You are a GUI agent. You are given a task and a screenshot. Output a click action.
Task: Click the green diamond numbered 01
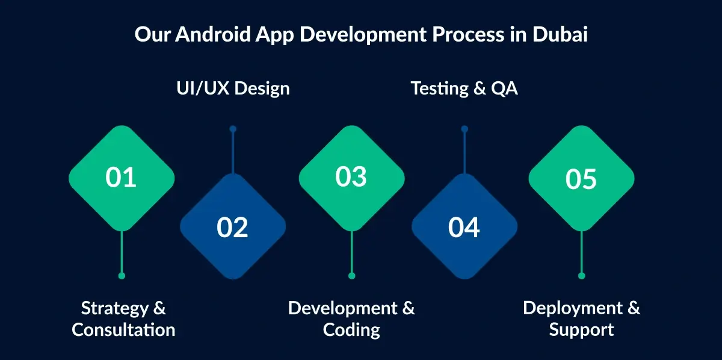tap(122, 178)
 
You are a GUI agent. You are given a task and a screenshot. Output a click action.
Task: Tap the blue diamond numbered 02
tap(233, 227)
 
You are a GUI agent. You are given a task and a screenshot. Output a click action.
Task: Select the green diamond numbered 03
tap(352, 178)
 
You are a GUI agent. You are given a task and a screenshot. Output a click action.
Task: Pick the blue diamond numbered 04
tap(464, 227)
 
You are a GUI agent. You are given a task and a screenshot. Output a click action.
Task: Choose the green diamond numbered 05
tap(581, 179)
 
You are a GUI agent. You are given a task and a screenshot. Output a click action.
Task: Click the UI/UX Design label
tap(233, 88)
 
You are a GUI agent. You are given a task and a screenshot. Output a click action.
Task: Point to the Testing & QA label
tap(464, 88)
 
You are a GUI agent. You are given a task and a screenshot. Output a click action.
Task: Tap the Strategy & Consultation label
tap(123, 319)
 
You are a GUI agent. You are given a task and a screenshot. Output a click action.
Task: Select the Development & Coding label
tap(351, 319)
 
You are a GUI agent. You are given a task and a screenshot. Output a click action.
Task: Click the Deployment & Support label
tap(581, 319)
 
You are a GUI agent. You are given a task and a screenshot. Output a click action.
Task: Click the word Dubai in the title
tap(560, 34)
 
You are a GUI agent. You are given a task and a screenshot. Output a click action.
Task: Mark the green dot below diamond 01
tap(122, 276)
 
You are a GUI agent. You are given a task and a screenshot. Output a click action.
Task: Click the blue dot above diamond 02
tap(233, 129)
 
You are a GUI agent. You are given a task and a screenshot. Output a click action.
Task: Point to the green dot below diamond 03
tap(352, 276)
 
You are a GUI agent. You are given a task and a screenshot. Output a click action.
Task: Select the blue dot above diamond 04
tap(464, 129)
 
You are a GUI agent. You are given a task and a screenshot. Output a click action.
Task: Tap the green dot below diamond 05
tap(581, 276)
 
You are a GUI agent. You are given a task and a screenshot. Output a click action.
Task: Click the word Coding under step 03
tap(351, 330)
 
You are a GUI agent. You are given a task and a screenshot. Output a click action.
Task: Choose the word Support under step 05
tap(581, 330)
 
